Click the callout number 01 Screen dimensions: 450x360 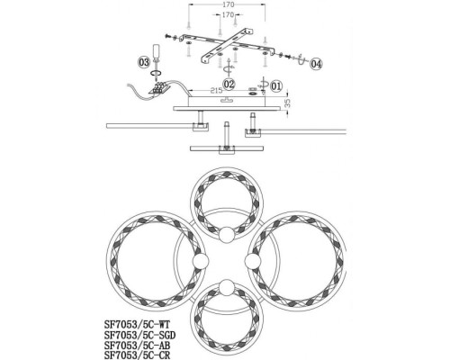pos(276,86)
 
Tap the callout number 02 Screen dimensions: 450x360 pos(229,84)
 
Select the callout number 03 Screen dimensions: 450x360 pos(144,62)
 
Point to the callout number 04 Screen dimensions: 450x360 pos(316,64)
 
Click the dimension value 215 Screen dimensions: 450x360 pos(216,90)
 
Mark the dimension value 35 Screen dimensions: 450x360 pos(287,103)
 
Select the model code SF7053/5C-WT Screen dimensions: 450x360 pos(137,324)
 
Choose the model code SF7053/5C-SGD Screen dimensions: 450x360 pos(139,335)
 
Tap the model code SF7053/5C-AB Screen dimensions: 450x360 pos(137,345)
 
